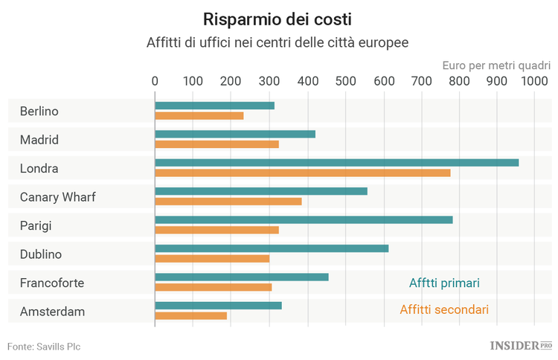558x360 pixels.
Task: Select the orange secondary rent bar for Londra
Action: [x=302, y=173]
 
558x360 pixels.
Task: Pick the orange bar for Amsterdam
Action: [x=190, y=315]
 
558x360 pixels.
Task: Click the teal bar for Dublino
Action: [x=272, y=248]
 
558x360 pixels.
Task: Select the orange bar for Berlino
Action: [x=199, y=115]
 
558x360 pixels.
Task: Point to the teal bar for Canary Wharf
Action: [x=260, y=191]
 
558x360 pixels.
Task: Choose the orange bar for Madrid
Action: [x=217, y=144]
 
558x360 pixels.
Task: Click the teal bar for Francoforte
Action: [x=241, y=277]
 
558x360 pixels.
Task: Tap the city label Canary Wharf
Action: [x=58, y=197]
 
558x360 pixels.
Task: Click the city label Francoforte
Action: [x=52, y=283]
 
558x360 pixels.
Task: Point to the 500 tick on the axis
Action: [x=345, y=81]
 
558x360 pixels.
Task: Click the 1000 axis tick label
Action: [x=533, y=81]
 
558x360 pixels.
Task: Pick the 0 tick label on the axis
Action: [x=155, y=81]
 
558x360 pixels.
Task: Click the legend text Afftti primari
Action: [x=444, y=283]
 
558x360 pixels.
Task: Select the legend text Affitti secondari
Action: [x=443, y=309]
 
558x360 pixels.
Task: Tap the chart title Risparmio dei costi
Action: [x=278, y=19]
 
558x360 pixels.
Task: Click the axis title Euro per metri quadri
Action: [x=496, y=65]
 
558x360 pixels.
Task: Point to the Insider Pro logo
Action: [x=520, y=345]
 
